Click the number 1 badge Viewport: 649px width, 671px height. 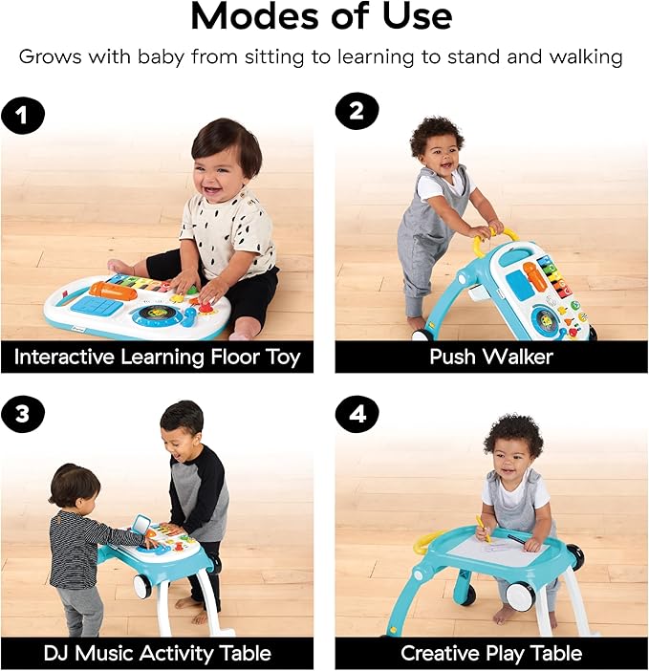[x=23, y=116]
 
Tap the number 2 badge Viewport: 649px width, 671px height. [x=357, y=111]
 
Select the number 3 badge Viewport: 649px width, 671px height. [x=23, y=414]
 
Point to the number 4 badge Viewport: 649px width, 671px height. [x=357, y=414]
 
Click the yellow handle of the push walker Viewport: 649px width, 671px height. [x=493, y=239]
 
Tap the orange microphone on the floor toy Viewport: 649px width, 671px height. [x=114, y=291]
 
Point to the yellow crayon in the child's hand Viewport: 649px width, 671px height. [x=482, y=528]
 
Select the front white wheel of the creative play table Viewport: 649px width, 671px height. [x=520, y=594]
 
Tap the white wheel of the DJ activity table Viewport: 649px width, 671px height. [x=141, y=586]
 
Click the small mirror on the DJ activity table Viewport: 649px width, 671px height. [x=141, y=526]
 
